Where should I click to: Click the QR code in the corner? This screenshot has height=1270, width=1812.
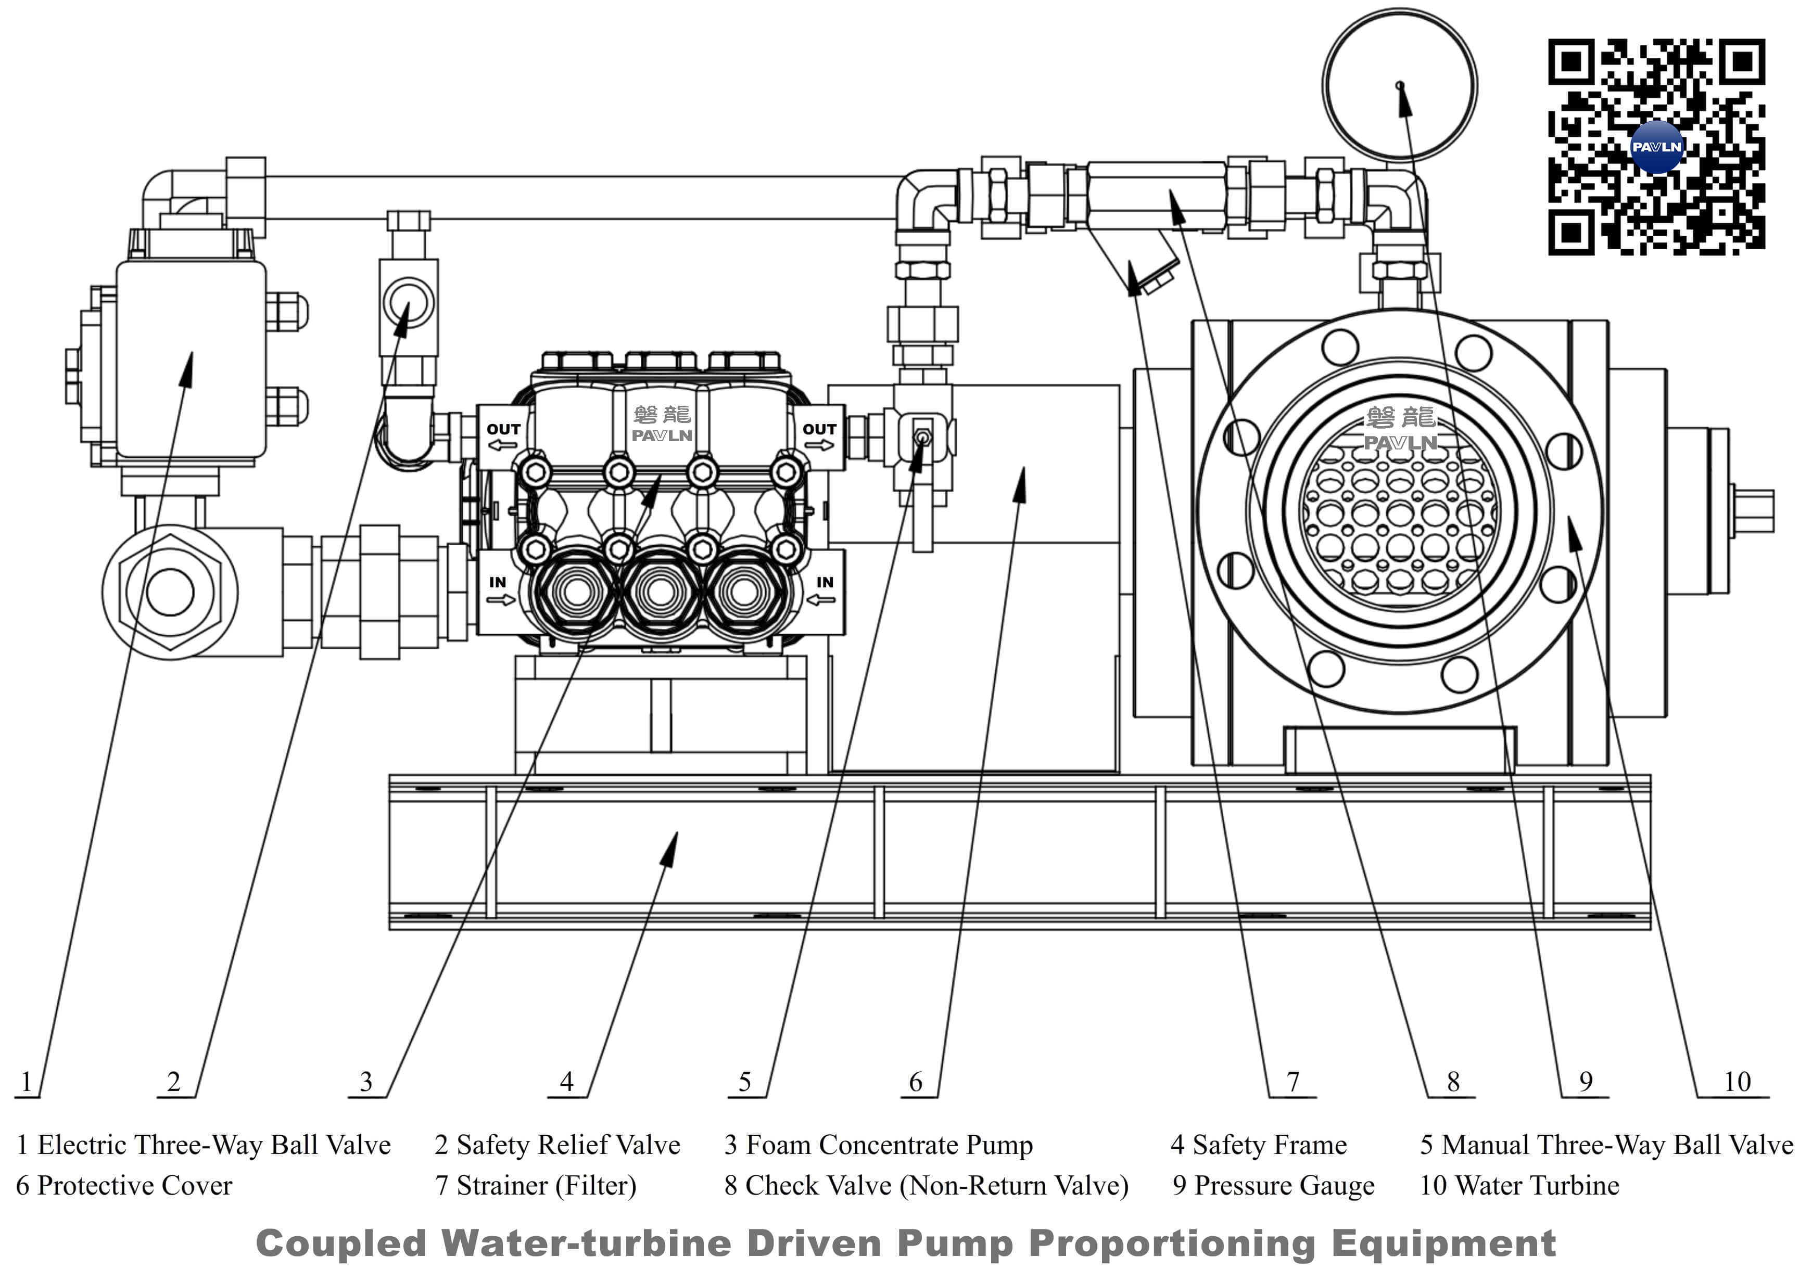1656,148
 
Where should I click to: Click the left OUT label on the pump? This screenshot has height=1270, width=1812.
503,429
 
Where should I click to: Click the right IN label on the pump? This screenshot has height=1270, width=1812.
825,582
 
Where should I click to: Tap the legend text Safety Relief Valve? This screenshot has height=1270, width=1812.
557,1145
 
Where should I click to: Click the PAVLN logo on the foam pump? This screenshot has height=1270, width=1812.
662,434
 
